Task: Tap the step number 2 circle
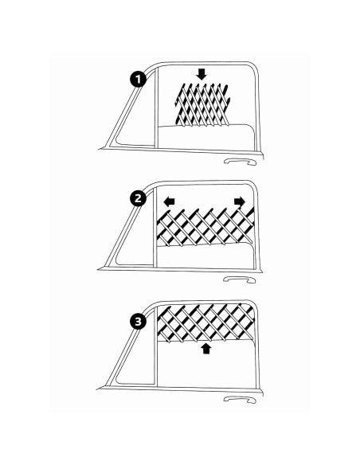coord(139,200)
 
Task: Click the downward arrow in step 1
coord(201,73)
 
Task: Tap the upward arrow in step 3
coord(207,348)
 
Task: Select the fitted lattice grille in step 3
coord(207,322)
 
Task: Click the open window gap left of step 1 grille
coord(164,104)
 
